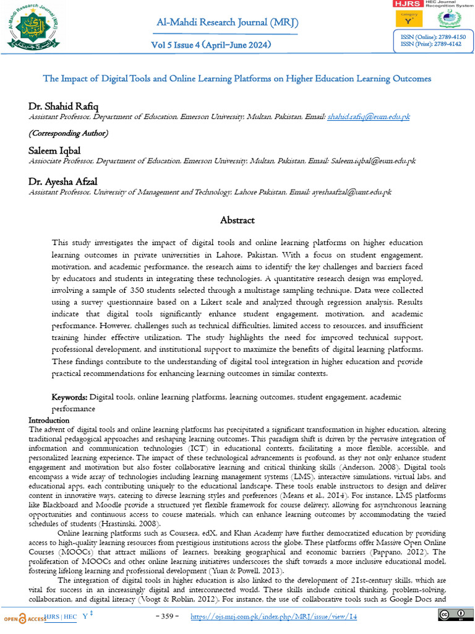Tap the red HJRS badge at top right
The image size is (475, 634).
[408, 4]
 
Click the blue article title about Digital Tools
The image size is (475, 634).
[237, 79]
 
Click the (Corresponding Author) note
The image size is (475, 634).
[69, 133]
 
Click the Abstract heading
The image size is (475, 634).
[237, 220]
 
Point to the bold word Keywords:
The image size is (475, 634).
[70, 397]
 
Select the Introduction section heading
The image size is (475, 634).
[49, 420]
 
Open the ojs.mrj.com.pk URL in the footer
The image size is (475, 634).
[273, 617]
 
